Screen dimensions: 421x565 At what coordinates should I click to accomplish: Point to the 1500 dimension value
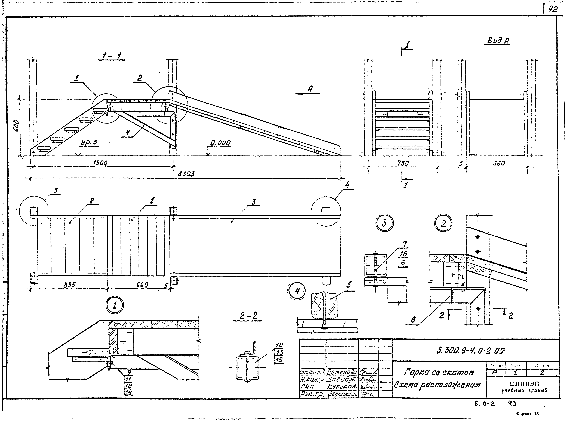[x=100, y=163]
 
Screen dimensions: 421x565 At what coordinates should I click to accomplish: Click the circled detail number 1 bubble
[x=115, y=305]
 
